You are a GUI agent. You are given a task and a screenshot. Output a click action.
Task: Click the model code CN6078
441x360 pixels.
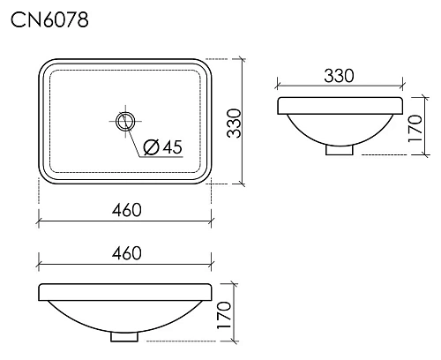[x=49, y=19]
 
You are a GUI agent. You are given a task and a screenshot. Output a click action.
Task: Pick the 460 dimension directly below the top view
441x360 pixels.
[x=126, y=209]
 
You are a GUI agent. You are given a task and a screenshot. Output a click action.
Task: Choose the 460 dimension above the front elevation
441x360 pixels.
[x=126, y=253]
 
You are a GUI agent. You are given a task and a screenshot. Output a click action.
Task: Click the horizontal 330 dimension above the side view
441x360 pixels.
[x=339, y=76]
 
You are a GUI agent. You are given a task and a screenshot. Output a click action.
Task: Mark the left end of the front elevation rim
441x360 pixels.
[x=41, y=293]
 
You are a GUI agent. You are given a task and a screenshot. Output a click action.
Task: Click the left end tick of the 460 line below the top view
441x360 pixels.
[x=38, y=219]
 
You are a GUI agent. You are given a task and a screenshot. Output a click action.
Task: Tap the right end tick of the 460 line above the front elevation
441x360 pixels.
[x=213, y=263]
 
